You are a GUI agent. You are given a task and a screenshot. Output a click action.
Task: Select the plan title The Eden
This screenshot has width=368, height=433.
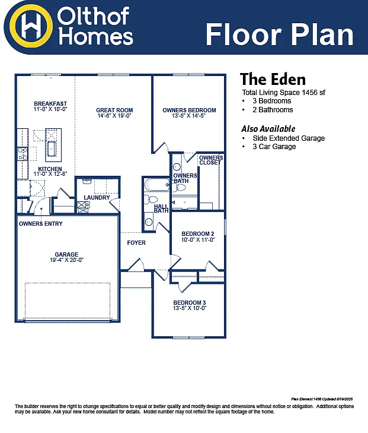pos(273,80)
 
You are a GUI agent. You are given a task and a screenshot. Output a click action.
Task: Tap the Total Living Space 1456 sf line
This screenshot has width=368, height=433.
pos(283,93)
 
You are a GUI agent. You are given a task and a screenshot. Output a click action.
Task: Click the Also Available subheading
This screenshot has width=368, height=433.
pos(268,129)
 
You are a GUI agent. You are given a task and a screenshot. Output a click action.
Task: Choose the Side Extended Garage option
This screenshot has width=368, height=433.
pos(289,138)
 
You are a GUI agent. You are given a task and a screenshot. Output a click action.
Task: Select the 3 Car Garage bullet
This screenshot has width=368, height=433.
pos(274,147)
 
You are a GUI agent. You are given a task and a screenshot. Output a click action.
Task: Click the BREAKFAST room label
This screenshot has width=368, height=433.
pos(50,104)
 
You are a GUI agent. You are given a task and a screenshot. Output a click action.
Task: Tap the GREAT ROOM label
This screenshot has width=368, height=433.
pos(114,110)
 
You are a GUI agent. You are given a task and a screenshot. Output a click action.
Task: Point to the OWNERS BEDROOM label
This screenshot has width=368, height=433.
pos(189,110)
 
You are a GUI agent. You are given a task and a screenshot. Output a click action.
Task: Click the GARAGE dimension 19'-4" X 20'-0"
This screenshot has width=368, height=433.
pos(66,260)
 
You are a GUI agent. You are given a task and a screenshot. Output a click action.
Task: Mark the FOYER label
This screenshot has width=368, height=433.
pos(136,242)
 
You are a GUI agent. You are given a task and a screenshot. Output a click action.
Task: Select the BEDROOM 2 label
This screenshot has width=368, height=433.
pos(197,233)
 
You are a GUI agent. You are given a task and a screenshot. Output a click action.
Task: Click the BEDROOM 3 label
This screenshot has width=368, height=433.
pos(189,302)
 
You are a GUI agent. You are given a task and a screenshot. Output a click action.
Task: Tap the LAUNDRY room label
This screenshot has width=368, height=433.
pos(97,197)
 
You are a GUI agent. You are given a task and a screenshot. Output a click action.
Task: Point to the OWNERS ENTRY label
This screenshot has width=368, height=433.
pos(40,224)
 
